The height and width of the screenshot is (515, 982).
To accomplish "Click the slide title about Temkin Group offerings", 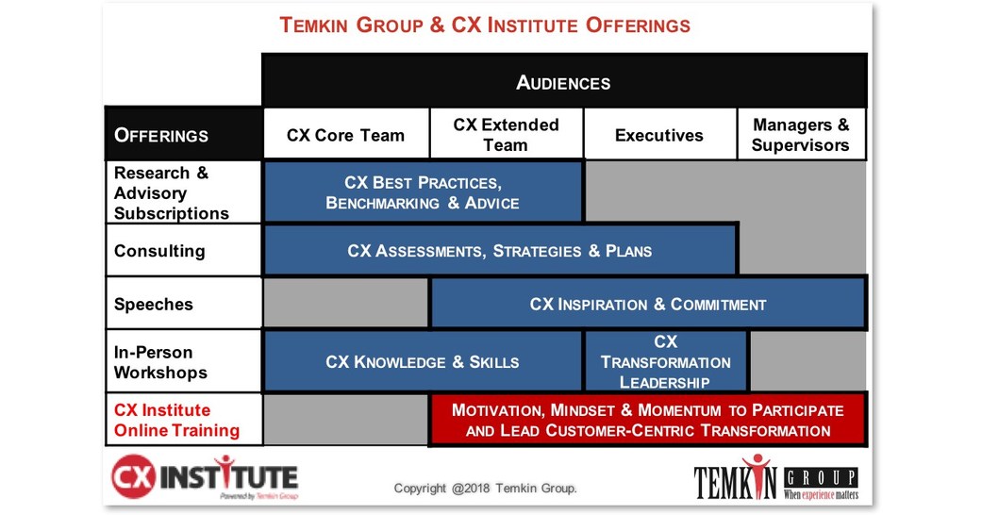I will click(485, 25).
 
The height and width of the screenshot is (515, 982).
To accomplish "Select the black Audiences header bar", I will click(563, 81).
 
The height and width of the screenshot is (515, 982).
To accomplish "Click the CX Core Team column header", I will click(345, 135).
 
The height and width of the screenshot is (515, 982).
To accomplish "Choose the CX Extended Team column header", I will click(506, 135).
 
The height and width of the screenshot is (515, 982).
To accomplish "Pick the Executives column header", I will click(658, 135).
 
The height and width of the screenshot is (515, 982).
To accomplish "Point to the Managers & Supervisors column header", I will click(800, 135).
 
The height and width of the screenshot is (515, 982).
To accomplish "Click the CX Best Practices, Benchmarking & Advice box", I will click(422, 192).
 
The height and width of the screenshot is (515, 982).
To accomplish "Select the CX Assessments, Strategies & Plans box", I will click(499, 251).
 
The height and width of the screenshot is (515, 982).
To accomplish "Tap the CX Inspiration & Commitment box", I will click(647, 304).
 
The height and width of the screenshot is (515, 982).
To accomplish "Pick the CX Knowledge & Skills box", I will click(422, 362).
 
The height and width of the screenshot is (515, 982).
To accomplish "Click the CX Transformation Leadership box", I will click(665, 362).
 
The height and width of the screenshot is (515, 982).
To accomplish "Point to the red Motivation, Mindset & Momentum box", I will click(647, 421).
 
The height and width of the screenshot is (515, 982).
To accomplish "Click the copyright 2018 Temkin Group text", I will click(485, 488).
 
